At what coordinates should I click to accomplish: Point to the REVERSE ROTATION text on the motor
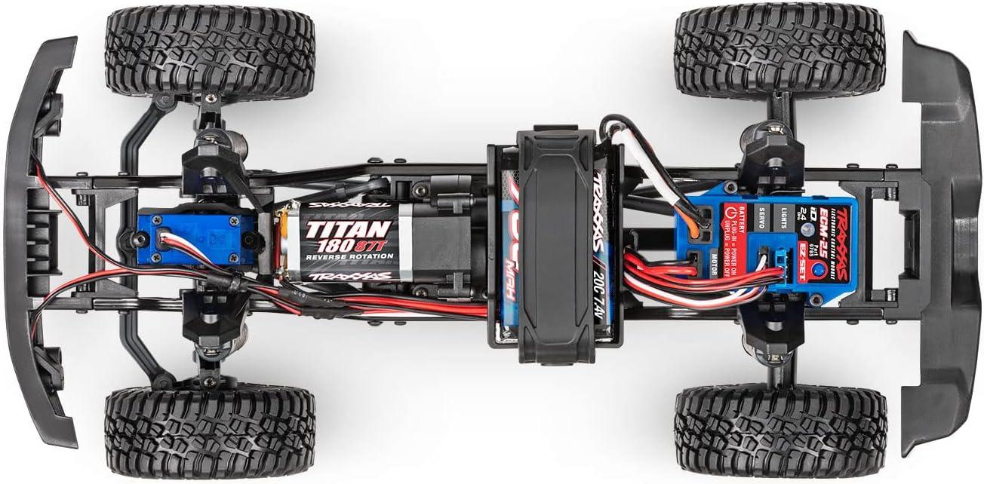349,256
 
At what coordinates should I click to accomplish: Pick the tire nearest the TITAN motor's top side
209,52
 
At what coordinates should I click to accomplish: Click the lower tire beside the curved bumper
209,432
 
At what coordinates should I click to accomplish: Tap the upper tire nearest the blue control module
780,51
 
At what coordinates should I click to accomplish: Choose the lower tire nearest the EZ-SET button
780,432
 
